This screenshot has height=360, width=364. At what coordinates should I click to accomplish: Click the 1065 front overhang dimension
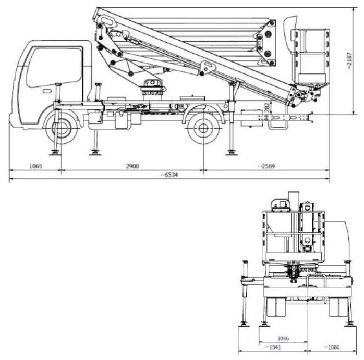tap(35, 166)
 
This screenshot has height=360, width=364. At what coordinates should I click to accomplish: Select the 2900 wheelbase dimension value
tap(132, 166)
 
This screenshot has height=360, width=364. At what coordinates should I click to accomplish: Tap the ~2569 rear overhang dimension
tap(266, 166)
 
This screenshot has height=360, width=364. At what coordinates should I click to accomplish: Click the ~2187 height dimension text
tap(357, 61)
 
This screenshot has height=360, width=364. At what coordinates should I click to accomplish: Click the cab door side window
tap(55, 67)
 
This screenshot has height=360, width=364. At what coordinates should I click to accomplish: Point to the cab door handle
tap(47, 91)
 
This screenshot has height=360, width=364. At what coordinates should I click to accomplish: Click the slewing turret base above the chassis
tap(151, 88)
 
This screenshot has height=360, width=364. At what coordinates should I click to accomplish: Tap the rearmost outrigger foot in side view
tap(230, 153)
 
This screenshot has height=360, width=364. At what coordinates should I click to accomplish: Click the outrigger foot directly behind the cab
tap(95, 152)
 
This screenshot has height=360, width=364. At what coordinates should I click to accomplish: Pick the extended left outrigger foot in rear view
tap(244, 324)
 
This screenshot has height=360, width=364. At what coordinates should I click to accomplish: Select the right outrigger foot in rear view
tap(349, 324)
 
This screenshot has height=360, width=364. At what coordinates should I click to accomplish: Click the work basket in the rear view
tap(295, 232)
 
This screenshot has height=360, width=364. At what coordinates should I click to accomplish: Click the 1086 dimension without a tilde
tap(283, 338)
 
